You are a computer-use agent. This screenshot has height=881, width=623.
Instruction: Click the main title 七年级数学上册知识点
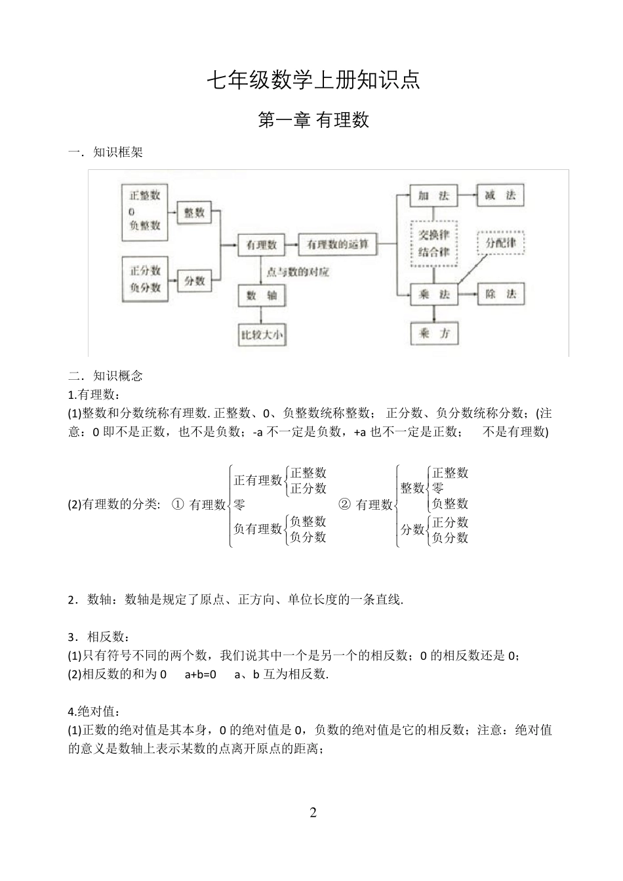coord(313,81)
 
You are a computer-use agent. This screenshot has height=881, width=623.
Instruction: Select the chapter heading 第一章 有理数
coord(313,120)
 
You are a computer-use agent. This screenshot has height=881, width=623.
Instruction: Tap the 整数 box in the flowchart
coord(194,213)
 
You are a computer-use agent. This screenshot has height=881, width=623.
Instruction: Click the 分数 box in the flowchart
coord(194,281)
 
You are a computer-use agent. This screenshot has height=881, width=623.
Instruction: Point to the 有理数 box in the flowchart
coord(261,245)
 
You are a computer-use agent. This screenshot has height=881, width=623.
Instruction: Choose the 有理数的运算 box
coord(338,245)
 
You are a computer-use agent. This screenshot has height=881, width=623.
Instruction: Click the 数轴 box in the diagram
coord(261,296)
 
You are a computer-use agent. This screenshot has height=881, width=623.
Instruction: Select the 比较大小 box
coord(261,335)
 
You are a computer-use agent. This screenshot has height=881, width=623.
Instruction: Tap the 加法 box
coord(433,195)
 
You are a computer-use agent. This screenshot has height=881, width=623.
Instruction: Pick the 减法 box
coord(500,195)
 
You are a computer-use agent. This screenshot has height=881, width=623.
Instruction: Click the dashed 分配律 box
coord(500,243)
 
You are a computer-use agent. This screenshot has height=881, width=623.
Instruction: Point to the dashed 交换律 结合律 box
coord(433,243)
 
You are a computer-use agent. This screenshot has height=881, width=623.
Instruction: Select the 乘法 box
coord(433,295)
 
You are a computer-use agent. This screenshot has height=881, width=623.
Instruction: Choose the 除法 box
coord(500,295)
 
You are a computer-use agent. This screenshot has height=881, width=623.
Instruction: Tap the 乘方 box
coord(433,333)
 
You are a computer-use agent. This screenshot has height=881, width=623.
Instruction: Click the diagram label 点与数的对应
coord(297,272)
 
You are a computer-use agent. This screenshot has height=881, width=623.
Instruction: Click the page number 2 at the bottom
coord(313,813)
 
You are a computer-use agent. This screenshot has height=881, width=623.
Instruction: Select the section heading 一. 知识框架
coord(106,153)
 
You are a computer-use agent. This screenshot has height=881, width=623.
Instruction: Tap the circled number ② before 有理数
coord(345,504)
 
